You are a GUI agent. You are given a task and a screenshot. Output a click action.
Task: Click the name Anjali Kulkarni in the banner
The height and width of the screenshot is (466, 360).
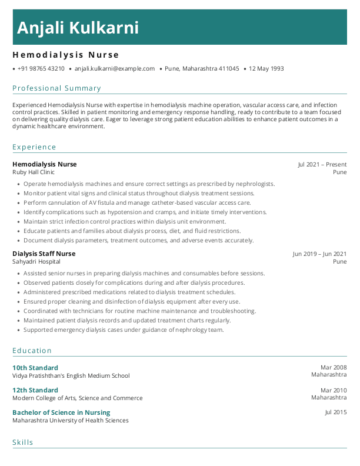(x=78, y=28)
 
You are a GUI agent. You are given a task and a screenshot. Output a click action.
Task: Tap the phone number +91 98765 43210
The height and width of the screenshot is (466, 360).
(x=41, y=69)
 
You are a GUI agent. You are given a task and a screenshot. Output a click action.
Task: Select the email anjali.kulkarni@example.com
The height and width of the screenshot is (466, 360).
(x=115, y=69)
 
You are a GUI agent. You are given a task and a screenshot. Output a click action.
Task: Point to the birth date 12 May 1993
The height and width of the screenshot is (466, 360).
(x=266, y=69)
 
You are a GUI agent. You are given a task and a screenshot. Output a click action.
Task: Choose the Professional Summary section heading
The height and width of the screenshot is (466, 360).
(x=56, y=88)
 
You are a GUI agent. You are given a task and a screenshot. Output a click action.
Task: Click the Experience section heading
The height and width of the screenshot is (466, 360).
(x=34, y=147)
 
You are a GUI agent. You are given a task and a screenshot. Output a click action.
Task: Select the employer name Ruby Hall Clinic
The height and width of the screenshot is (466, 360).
(x=34, y=172)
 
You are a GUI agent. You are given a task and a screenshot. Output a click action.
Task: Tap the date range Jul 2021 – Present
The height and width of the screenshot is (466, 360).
(x=322, y=165)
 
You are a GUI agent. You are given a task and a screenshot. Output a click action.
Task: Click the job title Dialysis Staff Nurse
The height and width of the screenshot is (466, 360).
(x=44, y=254)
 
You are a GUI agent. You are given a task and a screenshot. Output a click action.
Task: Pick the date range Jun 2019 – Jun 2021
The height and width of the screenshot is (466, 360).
(x=319, y=254)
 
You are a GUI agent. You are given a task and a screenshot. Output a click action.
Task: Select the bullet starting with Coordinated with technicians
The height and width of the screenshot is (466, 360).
(x=140, y=311)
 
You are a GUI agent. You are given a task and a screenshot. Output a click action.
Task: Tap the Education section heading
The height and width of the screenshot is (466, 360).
(x=32, y=351)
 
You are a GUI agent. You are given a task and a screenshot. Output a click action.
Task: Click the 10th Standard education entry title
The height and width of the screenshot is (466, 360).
(x=35, y=368)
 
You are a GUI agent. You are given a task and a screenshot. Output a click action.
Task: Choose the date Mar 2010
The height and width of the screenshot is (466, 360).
(x=334, y=390)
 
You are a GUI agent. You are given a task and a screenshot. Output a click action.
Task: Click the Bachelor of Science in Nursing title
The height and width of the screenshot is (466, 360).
(x=61, y=412)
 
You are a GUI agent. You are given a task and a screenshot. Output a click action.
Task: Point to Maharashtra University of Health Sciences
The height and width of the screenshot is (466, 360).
(x=71, y=421)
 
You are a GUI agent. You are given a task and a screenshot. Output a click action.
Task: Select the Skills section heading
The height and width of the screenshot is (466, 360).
(x=23, y=442)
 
